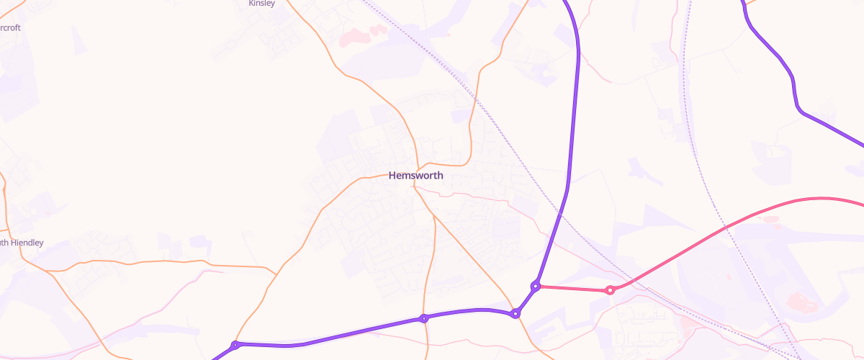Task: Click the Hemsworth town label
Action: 415,175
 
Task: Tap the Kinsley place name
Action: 261,4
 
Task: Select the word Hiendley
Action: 27,243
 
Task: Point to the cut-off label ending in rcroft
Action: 10,28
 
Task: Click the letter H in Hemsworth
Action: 392,175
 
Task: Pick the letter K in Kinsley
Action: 251,4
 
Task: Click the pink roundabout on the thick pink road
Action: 610,290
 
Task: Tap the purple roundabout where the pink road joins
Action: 536,286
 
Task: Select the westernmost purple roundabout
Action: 235,346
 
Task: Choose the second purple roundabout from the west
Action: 425,318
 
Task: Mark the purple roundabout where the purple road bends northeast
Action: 516,313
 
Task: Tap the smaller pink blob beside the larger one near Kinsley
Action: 377,30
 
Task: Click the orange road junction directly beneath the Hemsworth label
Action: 415,186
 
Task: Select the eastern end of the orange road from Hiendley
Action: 276,274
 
